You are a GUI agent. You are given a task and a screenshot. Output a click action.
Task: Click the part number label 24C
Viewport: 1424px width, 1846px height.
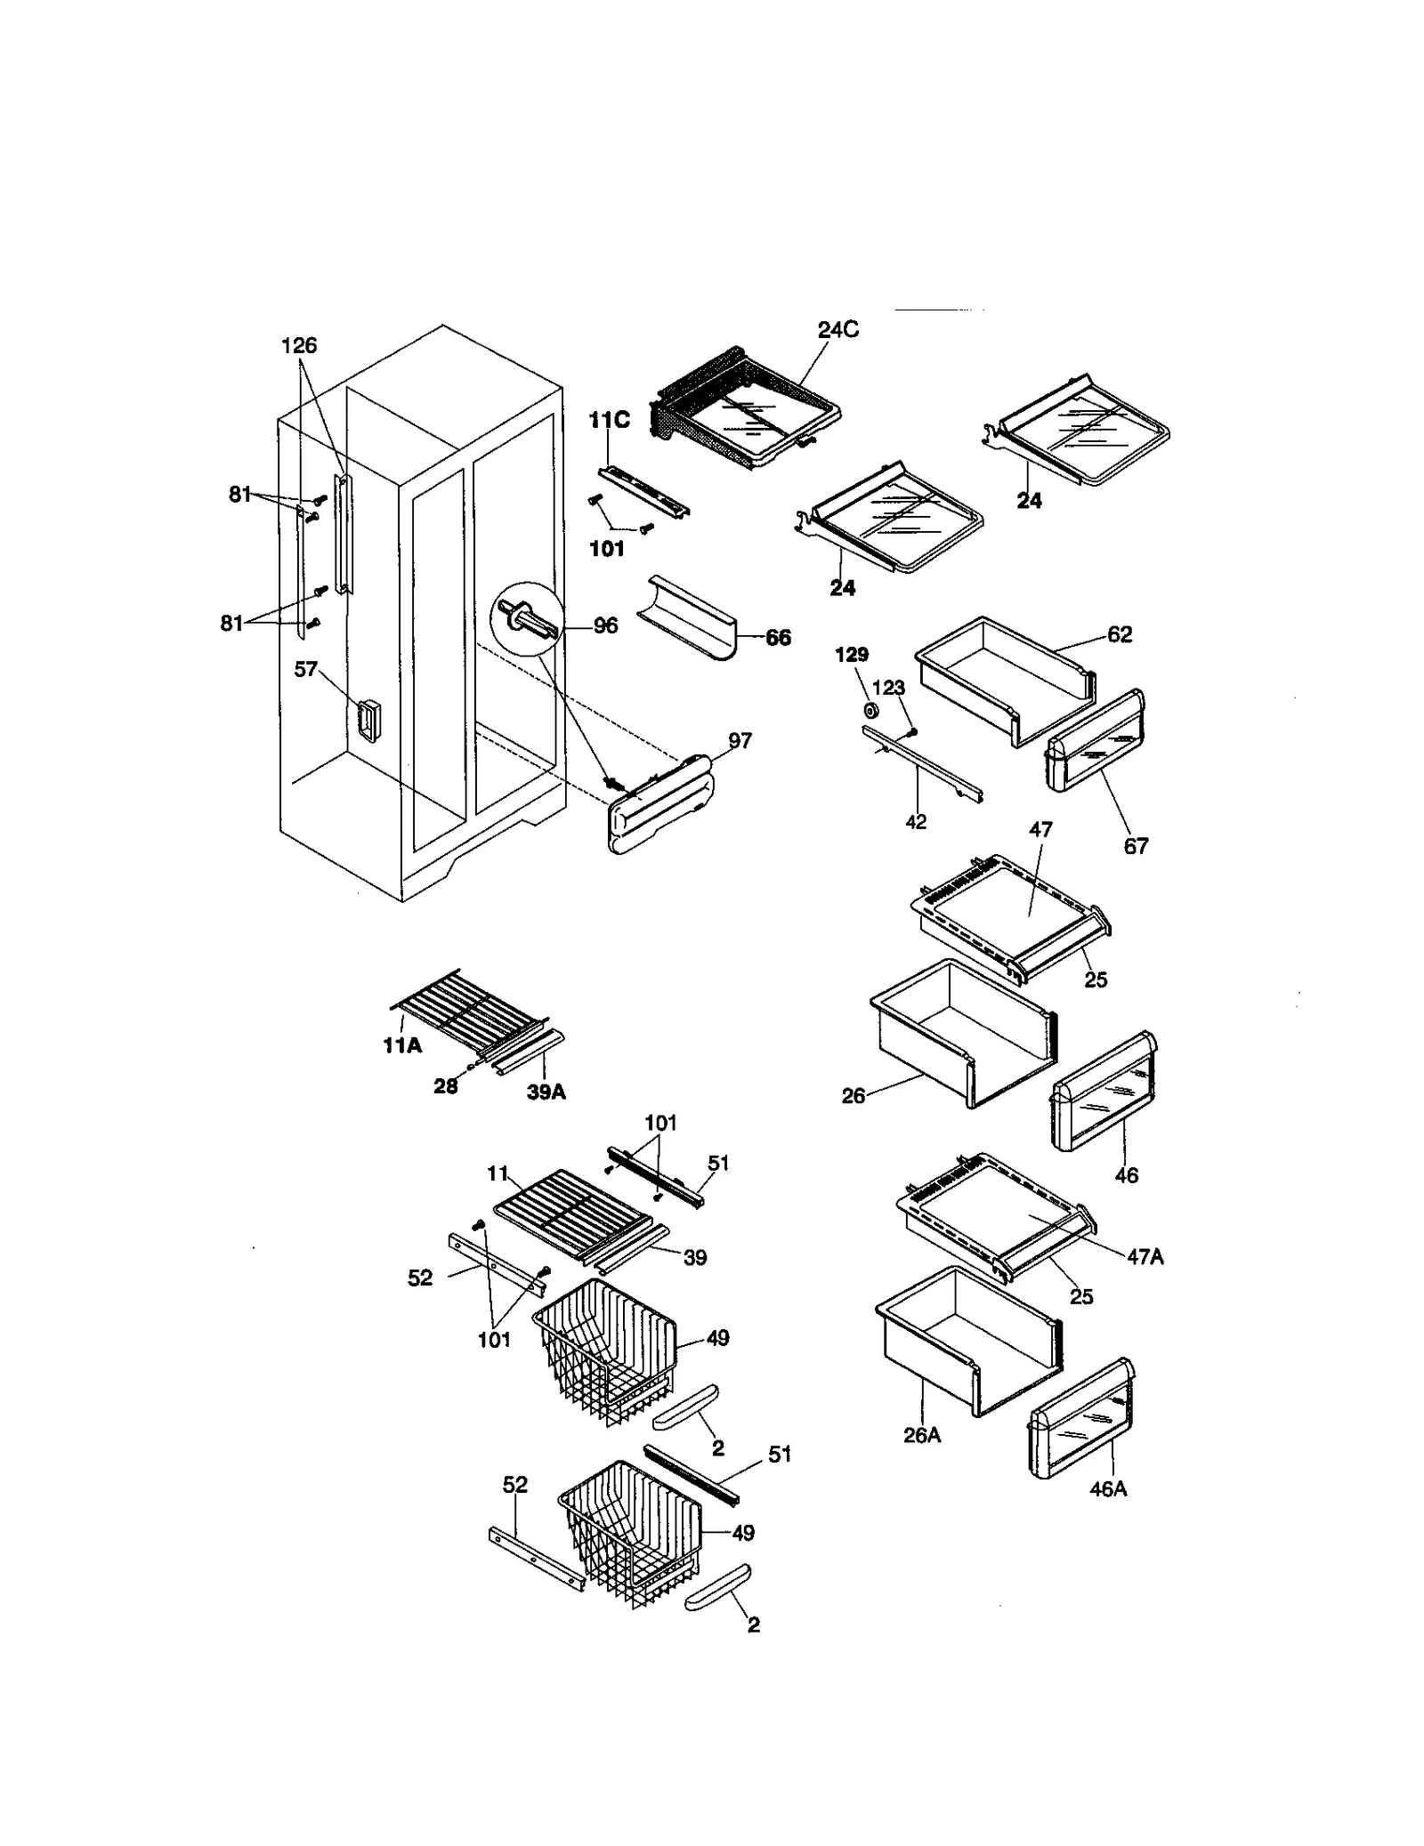point(837,329)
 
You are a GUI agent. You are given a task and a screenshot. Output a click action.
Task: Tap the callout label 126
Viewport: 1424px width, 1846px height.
point(299,345)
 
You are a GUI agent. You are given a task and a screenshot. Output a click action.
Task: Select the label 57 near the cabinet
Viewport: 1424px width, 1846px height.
point(305,669)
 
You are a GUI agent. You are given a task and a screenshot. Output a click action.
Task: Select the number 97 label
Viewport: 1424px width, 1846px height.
point(740,740)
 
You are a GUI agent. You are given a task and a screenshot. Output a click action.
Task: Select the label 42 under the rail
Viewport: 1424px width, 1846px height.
point(916,822)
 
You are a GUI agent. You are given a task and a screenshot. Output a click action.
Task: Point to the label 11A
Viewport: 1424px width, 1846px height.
point(402,1046)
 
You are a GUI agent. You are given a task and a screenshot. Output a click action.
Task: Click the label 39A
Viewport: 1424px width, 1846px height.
point(546,1092)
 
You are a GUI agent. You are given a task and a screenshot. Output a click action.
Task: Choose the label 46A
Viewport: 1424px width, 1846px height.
point(1108,1488)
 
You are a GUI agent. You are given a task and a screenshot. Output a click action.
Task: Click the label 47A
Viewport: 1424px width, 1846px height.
point(1145,1256)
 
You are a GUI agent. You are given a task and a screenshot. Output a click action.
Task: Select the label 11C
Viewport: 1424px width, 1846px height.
point(610,421)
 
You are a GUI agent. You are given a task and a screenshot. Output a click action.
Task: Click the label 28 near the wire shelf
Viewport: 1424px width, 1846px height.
point(445,1085)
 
